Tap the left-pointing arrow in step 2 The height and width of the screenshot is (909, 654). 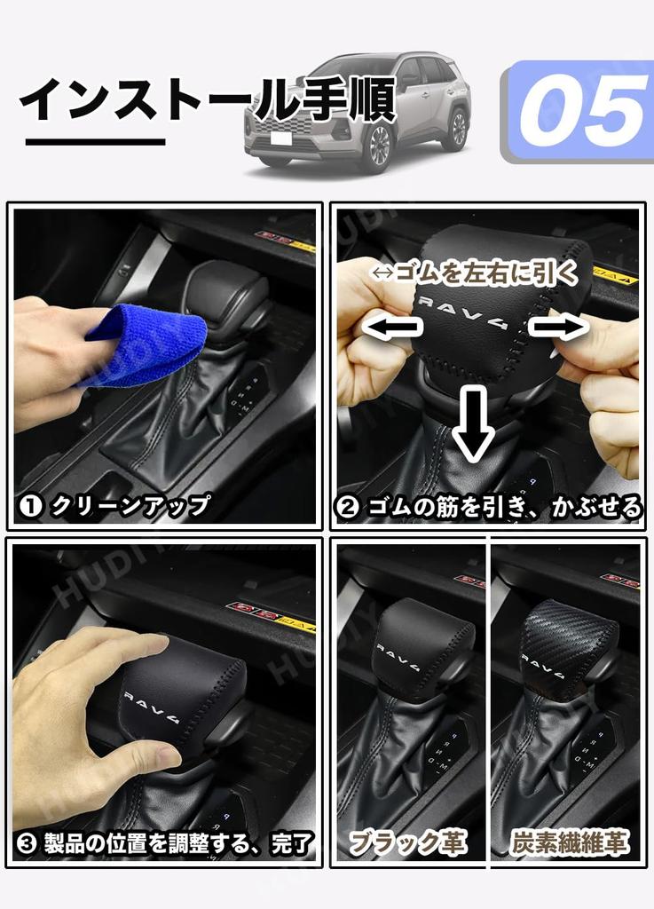(x=391, y=328)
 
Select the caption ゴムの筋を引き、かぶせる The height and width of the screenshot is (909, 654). (x=489, y=507)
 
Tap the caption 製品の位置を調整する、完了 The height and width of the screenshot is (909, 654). (x=165, y=841)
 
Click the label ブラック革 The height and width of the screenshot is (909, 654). (x=407, y=841)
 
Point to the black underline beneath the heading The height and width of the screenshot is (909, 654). (x=95, y=141)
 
